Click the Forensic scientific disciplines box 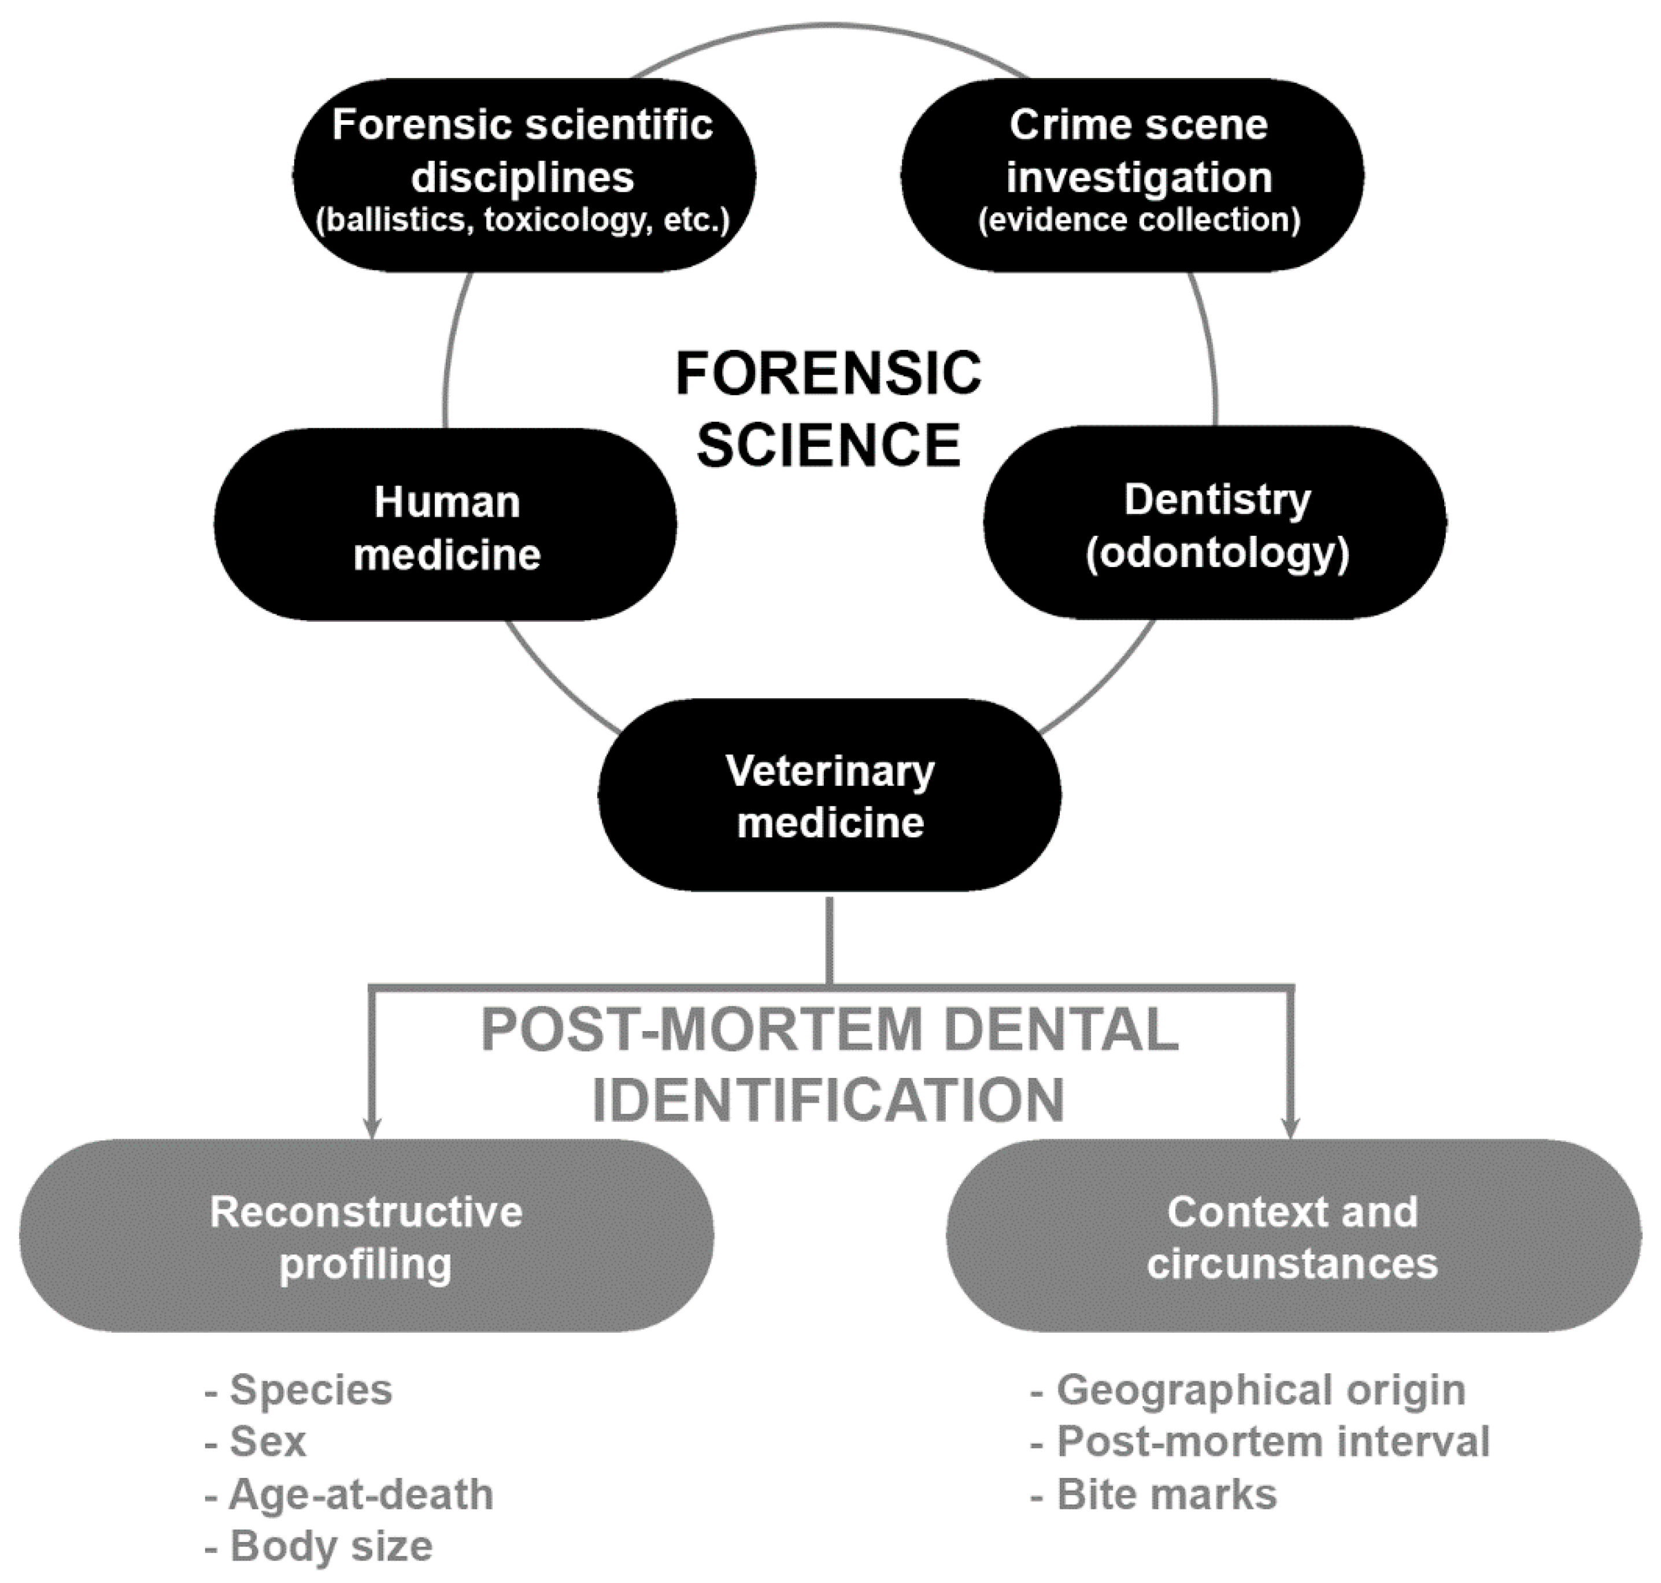tap(523, 176)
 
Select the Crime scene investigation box tap(1133, 176)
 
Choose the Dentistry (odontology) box tap(1215, 523)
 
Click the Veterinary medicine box tap(829, 795)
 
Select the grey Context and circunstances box tap(1293, 1236)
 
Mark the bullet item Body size tap(330, 1546)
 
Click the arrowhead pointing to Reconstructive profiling tap(371, 1128)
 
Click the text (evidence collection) tap(1138, 220)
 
